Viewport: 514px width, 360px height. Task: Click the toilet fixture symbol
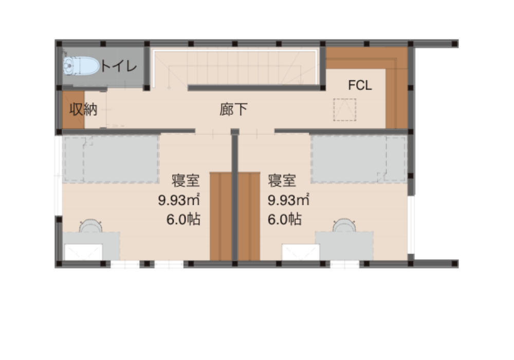pyautogui.click(x=81, y=66)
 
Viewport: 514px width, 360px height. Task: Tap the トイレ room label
pyautogui.click(x=118, y=66)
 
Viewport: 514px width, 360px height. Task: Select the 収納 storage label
pyautogui.click(x=83, y=110)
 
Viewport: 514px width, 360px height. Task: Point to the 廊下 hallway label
pyautogui.click(x=233, y=110)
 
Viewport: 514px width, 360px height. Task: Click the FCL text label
pyautogui.click(x=360, y=85)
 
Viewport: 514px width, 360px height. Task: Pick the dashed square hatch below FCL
pyautogui.click(x=344, y=110)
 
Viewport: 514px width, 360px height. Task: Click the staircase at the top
pyautogui.click(x=235, y=67)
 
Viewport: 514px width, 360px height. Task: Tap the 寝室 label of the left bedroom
pyautogui.click(x=186, y=181)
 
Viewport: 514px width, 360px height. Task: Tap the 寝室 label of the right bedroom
pyautogui.click(x=282, y=181)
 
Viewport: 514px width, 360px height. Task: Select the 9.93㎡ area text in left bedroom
pyautogui.click(x=179, y=200)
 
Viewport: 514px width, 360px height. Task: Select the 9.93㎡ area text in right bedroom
pyautogui.click(x=288, y=200)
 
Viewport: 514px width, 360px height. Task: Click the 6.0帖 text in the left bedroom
pyautogui.click(x=183, y=220)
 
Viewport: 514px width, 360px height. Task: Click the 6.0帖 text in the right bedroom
pyautogui.click(x=285, y=220)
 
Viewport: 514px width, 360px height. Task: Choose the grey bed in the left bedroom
pyautogui.click(x=111, y=159)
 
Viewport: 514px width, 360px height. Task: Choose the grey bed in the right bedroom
pyautogui.click(x=359, y=159)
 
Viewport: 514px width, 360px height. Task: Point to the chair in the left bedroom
pyautogui.click(x=90, y=226)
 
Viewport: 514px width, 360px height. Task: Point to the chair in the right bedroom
pyautogui.click(x=344, y=226)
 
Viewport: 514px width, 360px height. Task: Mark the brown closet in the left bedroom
pyautogui.click(x=221, y=217)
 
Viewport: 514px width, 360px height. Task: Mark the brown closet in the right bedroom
pyautogui.click(x=249, y=217)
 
